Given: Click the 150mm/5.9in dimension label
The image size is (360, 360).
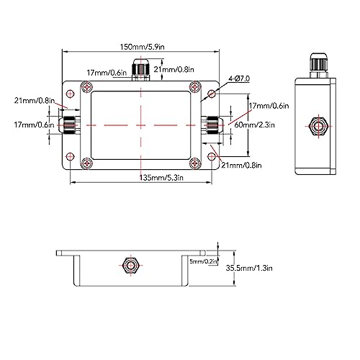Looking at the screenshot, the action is coord(143,47).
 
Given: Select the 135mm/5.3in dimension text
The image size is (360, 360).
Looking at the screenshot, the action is coord(161,178).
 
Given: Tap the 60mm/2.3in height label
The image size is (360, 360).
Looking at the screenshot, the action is coord(254,125).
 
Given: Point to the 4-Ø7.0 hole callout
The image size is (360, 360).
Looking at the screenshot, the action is coord(239,78).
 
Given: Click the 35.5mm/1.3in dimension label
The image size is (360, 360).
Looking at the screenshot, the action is coord(249,268).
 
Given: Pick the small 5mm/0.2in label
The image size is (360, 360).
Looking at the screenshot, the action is coord(204,261).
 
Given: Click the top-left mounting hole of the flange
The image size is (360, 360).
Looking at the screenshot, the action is coord(70,94).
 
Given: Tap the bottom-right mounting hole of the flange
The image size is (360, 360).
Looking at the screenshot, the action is coord(212,157).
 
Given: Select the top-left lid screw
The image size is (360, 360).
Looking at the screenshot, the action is coord(86,87).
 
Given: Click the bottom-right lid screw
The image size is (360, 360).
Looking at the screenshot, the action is coord(195,163).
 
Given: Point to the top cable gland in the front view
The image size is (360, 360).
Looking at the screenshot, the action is coord(140,69).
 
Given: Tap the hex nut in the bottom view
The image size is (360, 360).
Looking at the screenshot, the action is coord(130,266).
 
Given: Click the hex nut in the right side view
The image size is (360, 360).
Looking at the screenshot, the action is coord(319,125).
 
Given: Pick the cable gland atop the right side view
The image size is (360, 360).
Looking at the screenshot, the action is coord(319,66).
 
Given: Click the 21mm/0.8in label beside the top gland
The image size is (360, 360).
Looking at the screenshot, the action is coord(174,69).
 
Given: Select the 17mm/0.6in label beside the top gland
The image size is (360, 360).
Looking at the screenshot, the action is coord(107,73).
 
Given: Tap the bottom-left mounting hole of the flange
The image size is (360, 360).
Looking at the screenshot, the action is coord(70,157).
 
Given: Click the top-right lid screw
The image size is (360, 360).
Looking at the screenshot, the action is coord(195,87).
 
